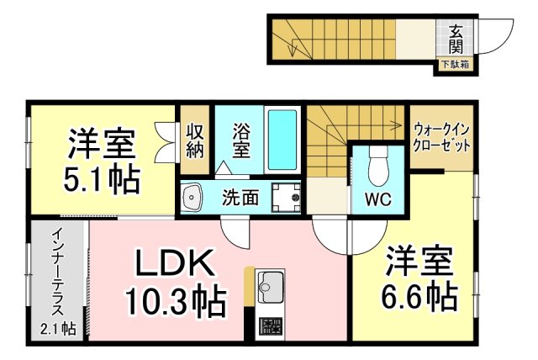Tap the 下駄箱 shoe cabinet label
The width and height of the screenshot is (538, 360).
[455, 64]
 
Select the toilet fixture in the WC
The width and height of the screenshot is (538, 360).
[377, 165]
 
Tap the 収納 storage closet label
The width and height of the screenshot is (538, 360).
[195, 140]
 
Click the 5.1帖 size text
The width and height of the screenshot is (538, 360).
[102, 179]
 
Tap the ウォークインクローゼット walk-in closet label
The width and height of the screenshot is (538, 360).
[440, 136]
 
